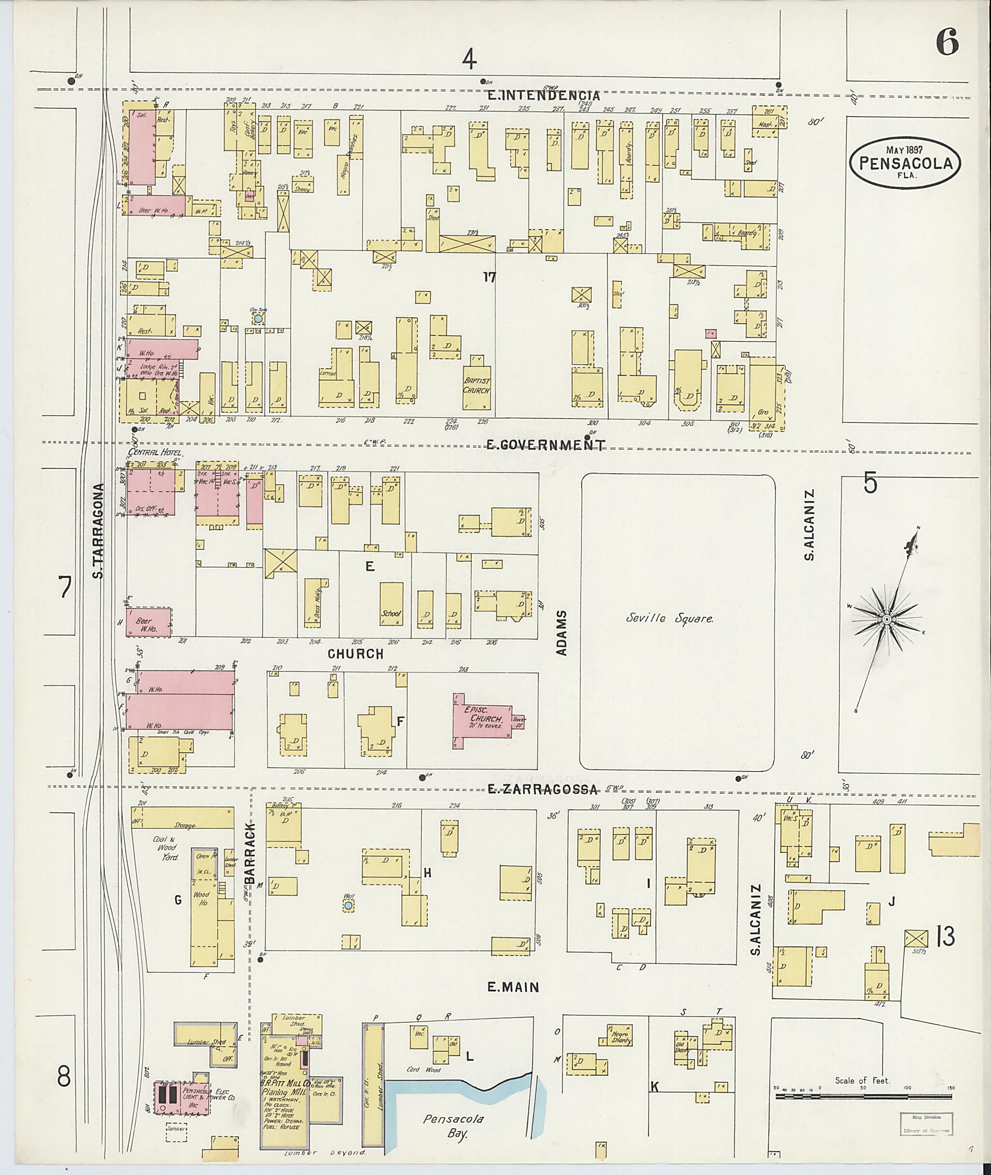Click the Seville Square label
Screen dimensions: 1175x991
670,619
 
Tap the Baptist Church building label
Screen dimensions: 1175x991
477,386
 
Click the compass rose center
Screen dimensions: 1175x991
886,619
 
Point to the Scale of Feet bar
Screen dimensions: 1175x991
863,1096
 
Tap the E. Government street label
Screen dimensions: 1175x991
545,446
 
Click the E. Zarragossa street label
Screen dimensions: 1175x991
542,789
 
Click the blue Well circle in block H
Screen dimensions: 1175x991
348,906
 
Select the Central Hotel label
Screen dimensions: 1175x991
150,452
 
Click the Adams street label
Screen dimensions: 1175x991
562,633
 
